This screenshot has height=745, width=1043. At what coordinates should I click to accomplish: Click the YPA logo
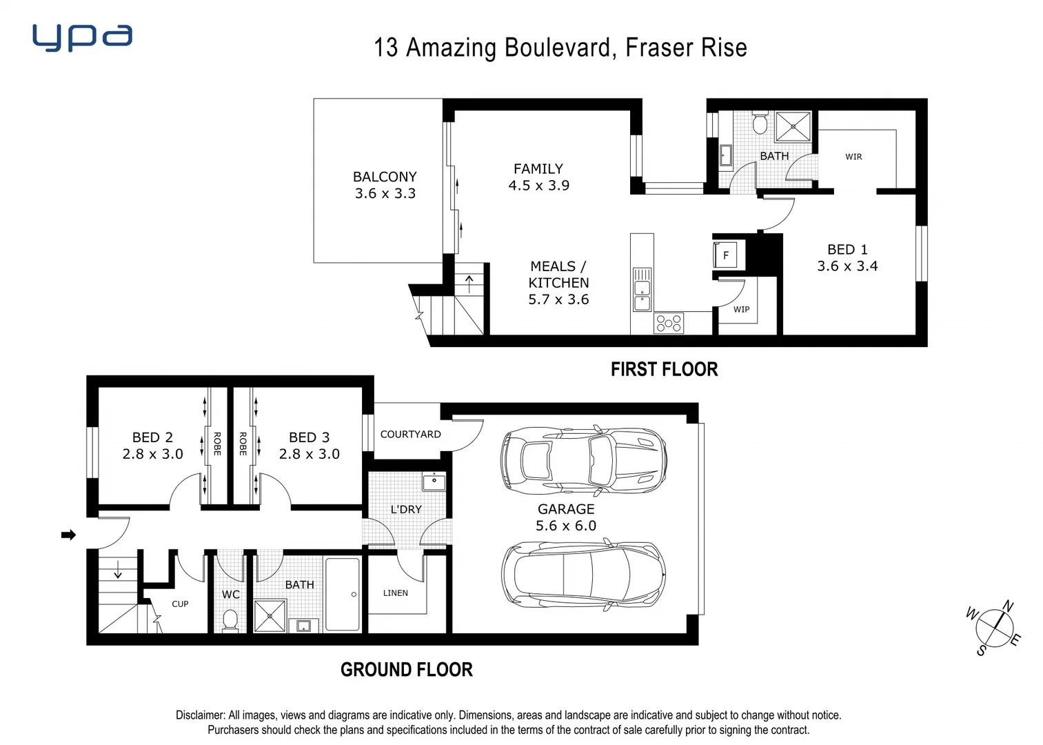coord(82,37)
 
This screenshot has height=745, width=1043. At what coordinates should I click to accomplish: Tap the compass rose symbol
coord(994,628)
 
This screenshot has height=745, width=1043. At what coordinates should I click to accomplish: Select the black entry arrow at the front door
coord(68,535)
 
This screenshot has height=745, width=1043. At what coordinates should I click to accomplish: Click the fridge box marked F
coord(725,255)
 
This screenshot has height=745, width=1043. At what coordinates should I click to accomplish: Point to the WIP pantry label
coord(741,309)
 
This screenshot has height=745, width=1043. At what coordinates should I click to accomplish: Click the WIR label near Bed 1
coord(853,157)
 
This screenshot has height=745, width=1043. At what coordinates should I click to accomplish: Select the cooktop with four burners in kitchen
coord(668,323)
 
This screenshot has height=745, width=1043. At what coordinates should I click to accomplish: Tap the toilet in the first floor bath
coord(760,123)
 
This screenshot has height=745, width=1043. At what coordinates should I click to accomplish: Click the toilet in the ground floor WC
coord(230,619)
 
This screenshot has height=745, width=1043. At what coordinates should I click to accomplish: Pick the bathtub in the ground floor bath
coord(342,594)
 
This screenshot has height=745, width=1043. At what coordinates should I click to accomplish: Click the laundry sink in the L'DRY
coord(434,481)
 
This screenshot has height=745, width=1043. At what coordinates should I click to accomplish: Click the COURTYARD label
coord(410,434)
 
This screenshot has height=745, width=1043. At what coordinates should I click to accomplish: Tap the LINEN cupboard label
coord(395,593)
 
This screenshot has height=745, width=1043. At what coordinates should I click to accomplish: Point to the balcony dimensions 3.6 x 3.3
coord(385,194)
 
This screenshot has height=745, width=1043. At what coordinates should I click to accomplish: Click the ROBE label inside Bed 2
coord(216,444)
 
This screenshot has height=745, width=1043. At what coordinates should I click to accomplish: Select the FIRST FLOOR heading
coord(664,370)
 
